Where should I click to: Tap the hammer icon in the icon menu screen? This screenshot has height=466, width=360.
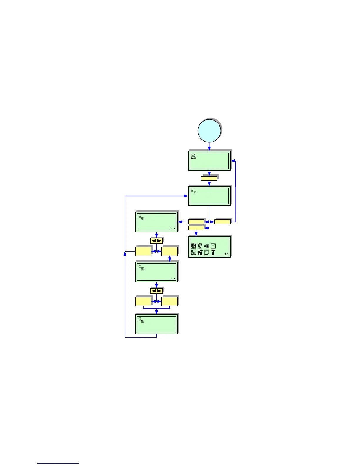[213, 252]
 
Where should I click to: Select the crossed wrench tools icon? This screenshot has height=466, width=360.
[200, 252]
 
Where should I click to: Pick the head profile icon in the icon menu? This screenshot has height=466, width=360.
[200, 246]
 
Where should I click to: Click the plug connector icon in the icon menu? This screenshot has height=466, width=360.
[206, 246]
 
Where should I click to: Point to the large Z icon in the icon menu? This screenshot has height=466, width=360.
[193, 246]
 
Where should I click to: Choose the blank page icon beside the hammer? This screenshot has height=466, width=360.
[206, 252]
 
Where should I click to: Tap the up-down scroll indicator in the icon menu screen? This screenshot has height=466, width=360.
[226, 254]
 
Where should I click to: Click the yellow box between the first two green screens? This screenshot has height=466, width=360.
[209, 178]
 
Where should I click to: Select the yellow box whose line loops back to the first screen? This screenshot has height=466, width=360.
[222, 222]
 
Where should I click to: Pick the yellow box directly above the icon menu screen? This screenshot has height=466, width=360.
[196, 228]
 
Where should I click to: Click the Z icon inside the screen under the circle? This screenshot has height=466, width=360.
[193, 156]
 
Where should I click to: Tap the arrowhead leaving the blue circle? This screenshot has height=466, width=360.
[209, 149]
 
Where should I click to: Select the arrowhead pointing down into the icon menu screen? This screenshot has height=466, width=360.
[196, 234]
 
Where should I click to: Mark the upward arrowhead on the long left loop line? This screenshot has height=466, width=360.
[125, 254]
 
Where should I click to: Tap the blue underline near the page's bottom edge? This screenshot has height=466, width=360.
[58, 464]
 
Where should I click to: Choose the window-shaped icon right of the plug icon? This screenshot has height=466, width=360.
[213, 246]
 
